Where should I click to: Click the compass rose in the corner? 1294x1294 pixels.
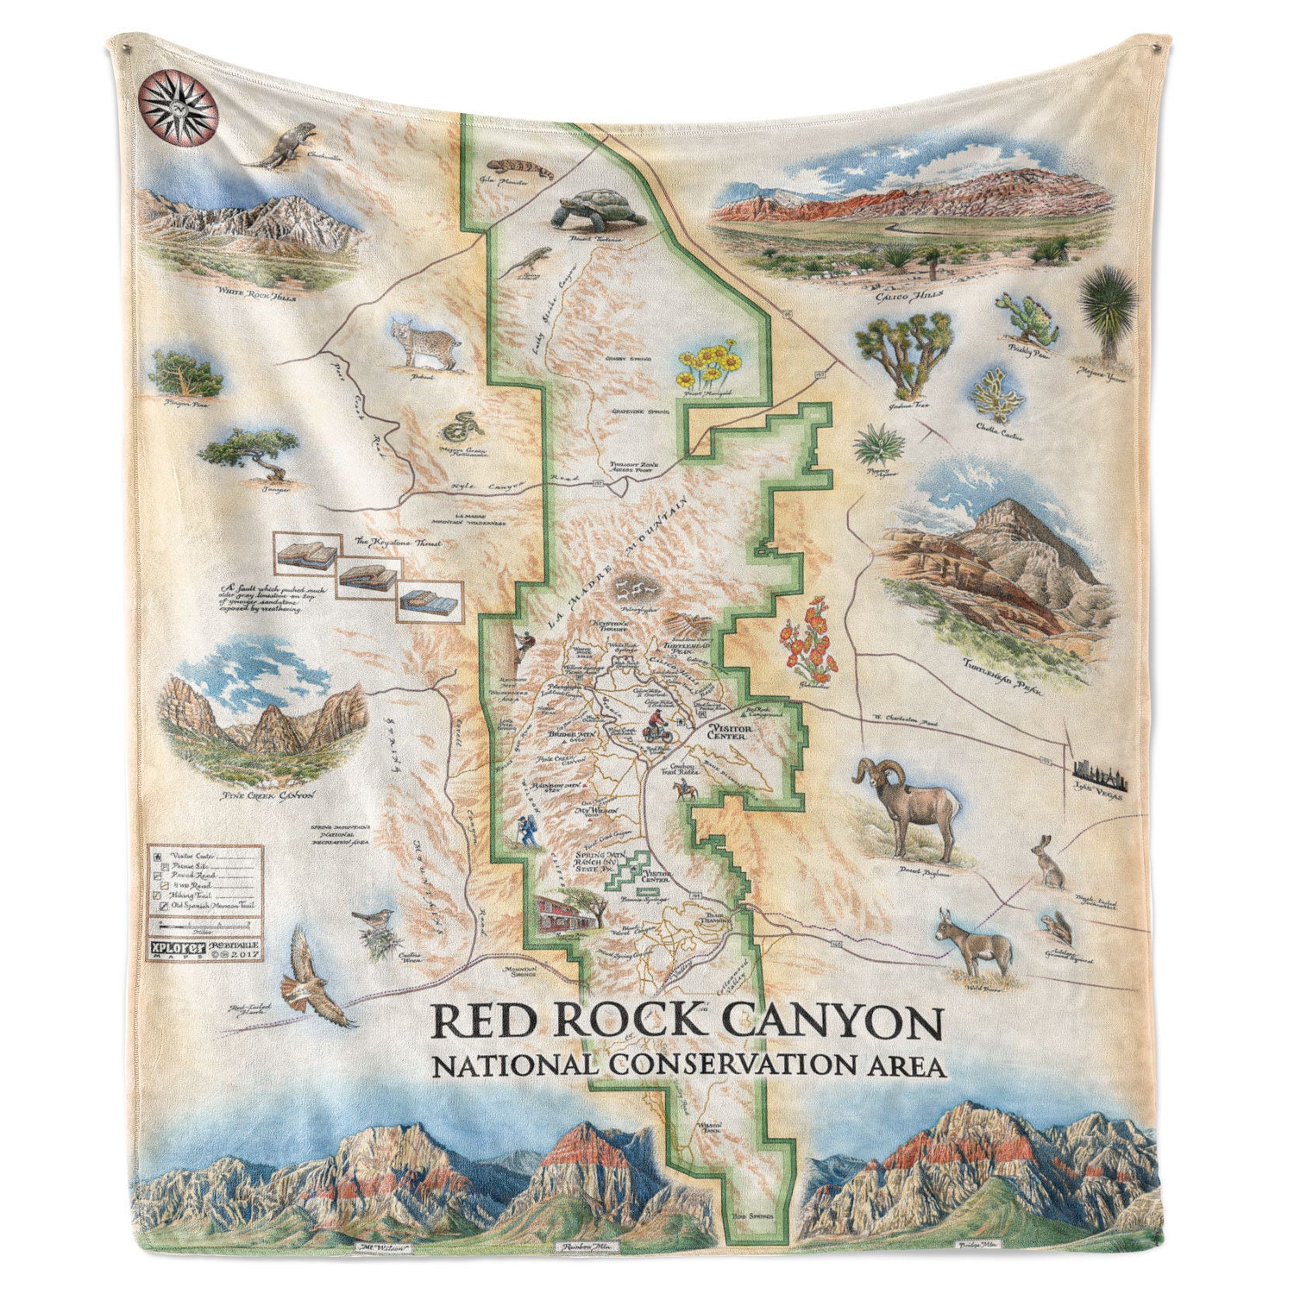point(179,108)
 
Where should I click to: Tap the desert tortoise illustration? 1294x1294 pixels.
point(599,207)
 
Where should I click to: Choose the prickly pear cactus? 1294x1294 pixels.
point(1027,317)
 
